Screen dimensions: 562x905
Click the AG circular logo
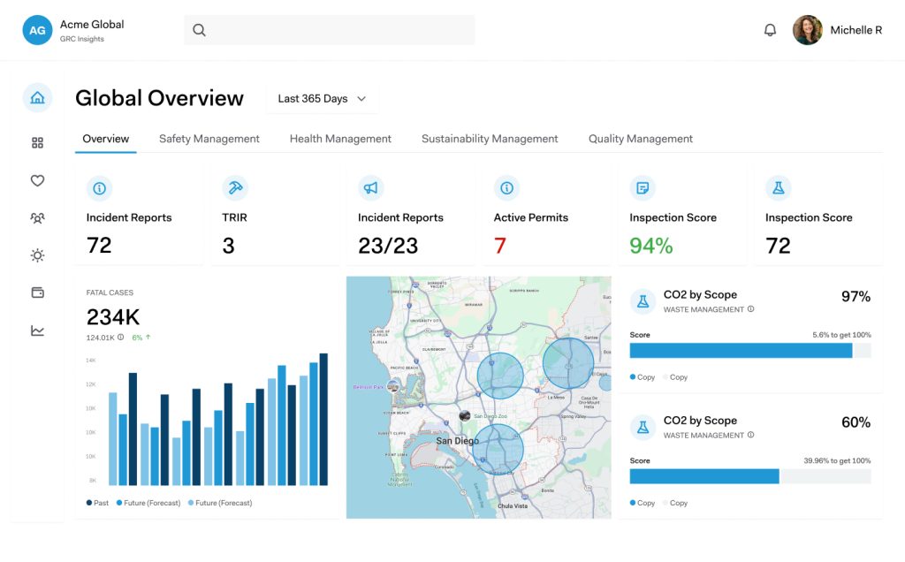pos(37,30)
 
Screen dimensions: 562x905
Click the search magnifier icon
pos(199,30)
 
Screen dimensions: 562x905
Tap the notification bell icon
pos(770,30)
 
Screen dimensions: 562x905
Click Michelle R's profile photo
pos(807,30)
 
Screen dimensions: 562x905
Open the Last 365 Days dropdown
pos(322,99)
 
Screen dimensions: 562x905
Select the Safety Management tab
pos(209,139)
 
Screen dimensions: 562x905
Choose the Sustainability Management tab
pos(489,139)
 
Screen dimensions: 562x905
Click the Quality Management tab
pos(640,139)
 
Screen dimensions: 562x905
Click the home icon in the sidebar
pos(37,98)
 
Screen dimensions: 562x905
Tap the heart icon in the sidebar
pos(37,180)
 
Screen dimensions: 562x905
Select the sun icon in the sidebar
pos(37,255)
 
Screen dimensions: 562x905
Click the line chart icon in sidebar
pos(37,330)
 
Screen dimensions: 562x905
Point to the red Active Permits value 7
pos(499,246)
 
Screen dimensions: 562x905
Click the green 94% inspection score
pos(650,246)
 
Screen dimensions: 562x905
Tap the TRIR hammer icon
pos(235,187)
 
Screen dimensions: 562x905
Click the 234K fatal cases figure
pos(113,317)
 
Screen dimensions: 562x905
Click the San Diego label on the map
pos(457,440)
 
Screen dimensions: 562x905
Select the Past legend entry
pos(98,503)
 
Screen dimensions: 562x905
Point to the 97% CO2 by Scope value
pos(855,297)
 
